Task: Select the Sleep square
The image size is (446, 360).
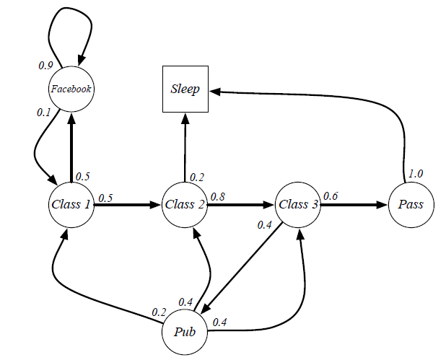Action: (x=185, y=89)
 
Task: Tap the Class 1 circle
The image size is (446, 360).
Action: (x=70, y=204)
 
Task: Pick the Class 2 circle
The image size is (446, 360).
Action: (x=185, y=204)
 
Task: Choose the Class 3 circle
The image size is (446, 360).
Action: (x=299, y=204)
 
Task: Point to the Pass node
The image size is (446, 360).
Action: (x=411, y=204)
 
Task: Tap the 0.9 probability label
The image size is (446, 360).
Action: (x=45, y=65)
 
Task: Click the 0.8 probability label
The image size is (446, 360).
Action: (x=217, y=196)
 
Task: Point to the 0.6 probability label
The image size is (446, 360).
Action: (x=331, y=196)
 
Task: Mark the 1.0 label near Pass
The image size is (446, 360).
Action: (x=416, y=173)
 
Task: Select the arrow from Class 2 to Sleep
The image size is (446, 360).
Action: (x=185, y=148)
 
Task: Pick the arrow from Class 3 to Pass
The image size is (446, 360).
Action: (x=354, y=204)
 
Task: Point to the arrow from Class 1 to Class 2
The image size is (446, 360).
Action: (x=126, y=204)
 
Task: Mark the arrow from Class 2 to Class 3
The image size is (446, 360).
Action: (x=242, y=204)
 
